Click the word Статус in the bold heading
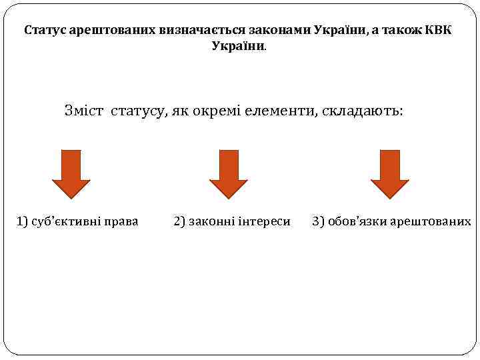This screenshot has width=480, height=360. pos(43,31)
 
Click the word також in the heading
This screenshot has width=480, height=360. pos(401,31)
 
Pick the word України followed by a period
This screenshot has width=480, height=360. pos(238,46)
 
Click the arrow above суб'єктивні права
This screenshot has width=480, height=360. pos(71,174)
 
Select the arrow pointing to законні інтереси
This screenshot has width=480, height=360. pos(229,174)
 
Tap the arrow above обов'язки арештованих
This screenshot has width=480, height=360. pos(389,174)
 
